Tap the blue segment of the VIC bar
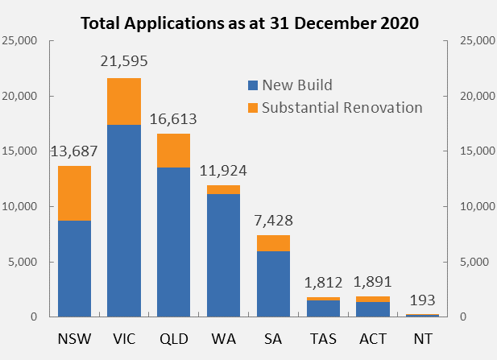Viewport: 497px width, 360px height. (x=124, y=221)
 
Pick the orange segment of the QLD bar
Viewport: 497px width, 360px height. (x=174, y=151)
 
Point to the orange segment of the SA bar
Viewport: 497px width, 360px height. (x=274, y=243)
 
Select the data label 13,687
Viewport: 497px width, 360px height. (x=74, y=152)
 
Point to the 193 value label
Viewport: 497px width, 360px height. (x=424, y=300)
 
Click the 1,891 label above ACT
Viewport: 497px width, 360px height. (x=374, y=283)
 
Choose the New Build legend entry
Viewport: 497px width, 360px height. (x=291, y=85)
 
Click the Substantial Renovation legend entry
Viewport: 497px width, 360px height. (x=335, y=107)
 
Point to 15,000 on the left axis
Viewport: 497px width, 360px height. (x=21, y=151)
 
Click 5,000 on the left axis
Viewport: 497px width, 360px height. (x=24, y=262)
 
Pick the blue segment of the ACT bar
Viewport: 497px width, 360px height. (x=374, y=309)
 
